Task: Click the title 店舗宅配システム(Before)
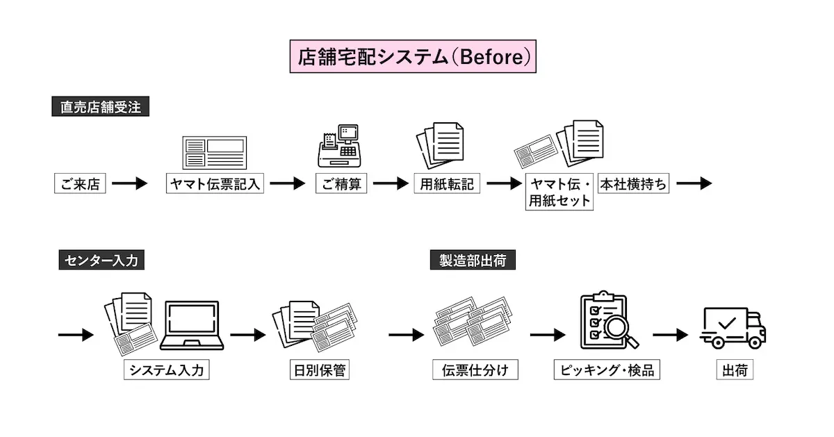click(414, 57)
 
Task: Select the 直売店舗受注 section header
click(100, 108)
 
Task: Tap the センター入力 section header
click(101, 261)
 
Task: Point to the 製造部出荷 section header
click(473, 261)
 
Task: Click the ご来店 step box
click(80, 184)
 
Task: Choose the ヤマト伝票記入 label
click(215, 184)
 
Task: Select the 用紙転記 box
click(448, 184)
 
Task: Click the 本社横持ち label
click(633, 184)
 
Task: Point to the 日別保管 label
click(318, 370)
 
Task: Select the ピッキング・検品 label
click(606, 370)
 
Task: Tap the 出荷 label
click(735, 370)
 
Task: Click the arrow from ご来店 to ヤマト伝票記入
click(130, 184)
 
